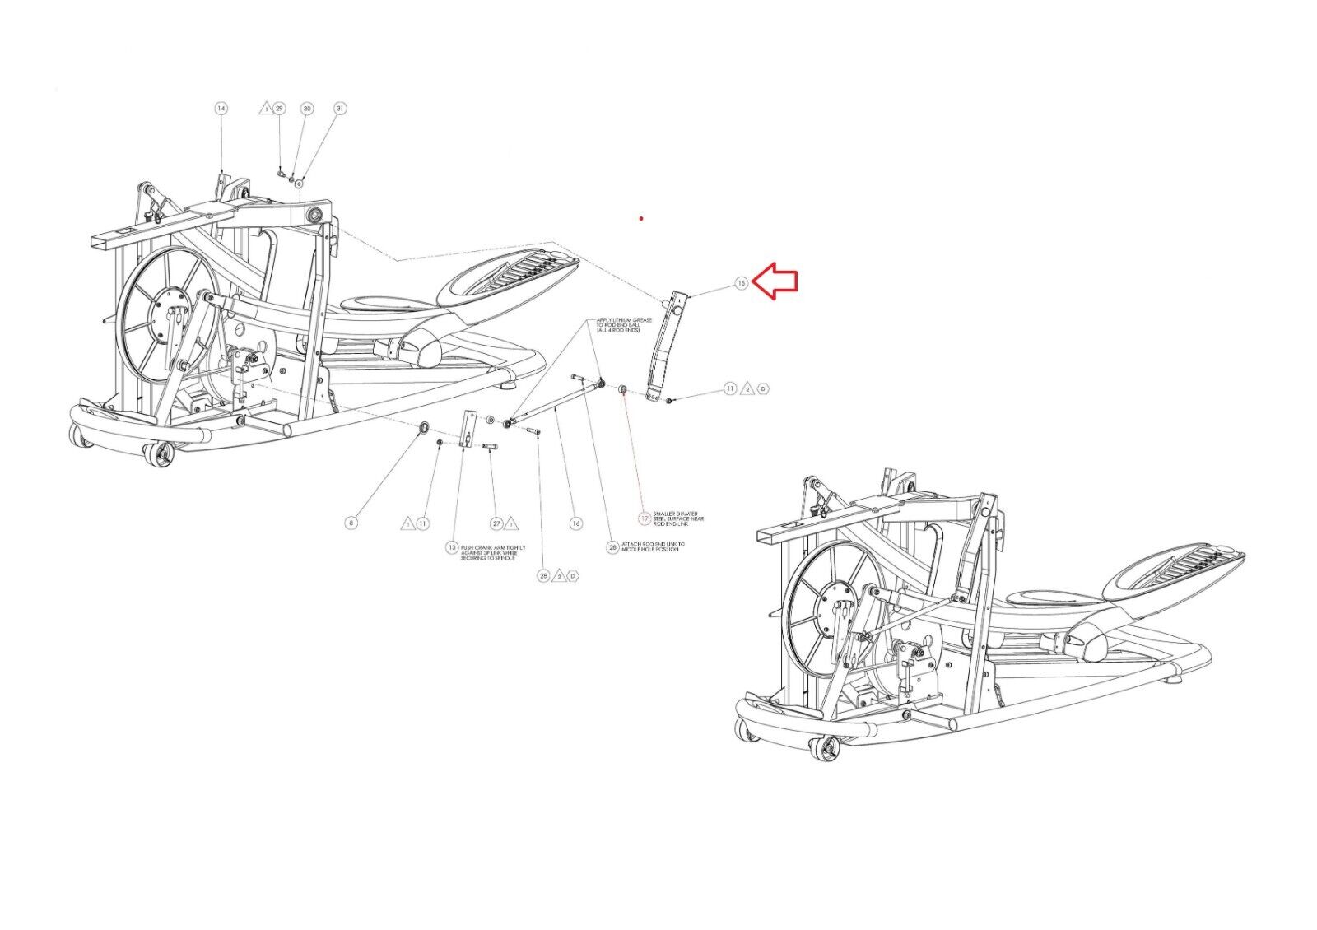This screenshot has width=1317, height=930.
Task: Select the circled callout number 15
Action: (x=742, y=283)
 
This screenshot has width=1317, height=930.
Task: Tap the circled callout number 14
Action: (x=221, y=109)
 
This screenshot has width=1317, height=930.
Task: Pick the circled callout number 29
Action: (x=279, y=109)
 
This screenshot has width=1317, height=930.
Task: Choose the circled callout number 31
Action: (x=340, y=109)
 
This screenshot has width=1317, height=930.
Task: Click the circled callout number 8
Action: (x=351, y=523)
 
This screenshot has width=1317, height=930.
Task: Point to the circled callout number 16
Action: (x=576, y=523)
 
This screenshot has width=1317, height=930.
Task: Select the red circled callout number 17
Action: (x=645, y=518)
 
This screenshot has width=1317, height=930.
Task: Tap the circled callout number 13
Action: (x=451, y=547)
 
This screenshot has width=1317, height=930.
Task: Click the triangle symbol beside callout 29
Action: (x=265, y=109)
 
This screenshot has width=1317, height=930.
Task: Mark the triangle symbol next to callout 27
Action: (x=510, y=523)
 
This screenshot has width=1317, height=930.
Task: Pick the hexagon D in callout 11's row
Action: (x=763, y=388)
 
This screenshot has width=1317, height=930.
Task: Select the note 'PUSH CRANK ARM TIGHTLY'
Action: (x=492, y=552)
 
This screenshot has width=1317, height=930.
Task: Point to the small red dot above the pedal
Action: (x=641, y=219)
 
